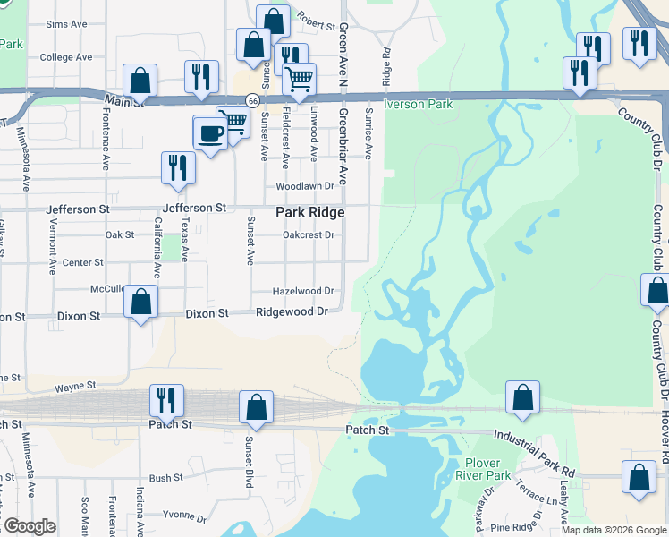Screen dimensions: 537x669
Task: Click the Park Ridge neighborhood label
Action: pos(309,212)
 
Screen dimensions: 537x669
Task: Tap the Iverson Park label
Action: pos(418,104)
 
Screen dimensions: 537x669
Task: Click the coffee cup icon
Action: pos(210,134)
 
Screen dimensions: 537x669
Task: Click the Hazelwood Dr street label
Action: pos(303,291)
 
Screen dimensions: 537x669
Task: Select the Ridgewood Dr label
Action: pos(292,311)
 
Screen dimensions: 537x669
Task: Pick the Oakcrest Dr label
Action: pos(308,235)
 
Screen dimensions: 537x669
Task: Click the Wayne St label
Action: pos(75,387)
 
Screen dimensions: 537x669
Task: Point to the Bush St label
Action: pos(166,479)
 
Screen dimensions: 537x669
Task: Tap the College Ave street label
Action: pos(66,57)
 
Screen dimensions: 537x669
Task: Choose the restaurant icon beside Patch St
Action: pos(165,401)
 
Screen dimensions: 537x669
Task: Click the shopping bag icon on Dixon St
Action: pos(140,302)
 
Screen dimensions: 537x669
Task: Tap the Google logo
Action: pos(28,526)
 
